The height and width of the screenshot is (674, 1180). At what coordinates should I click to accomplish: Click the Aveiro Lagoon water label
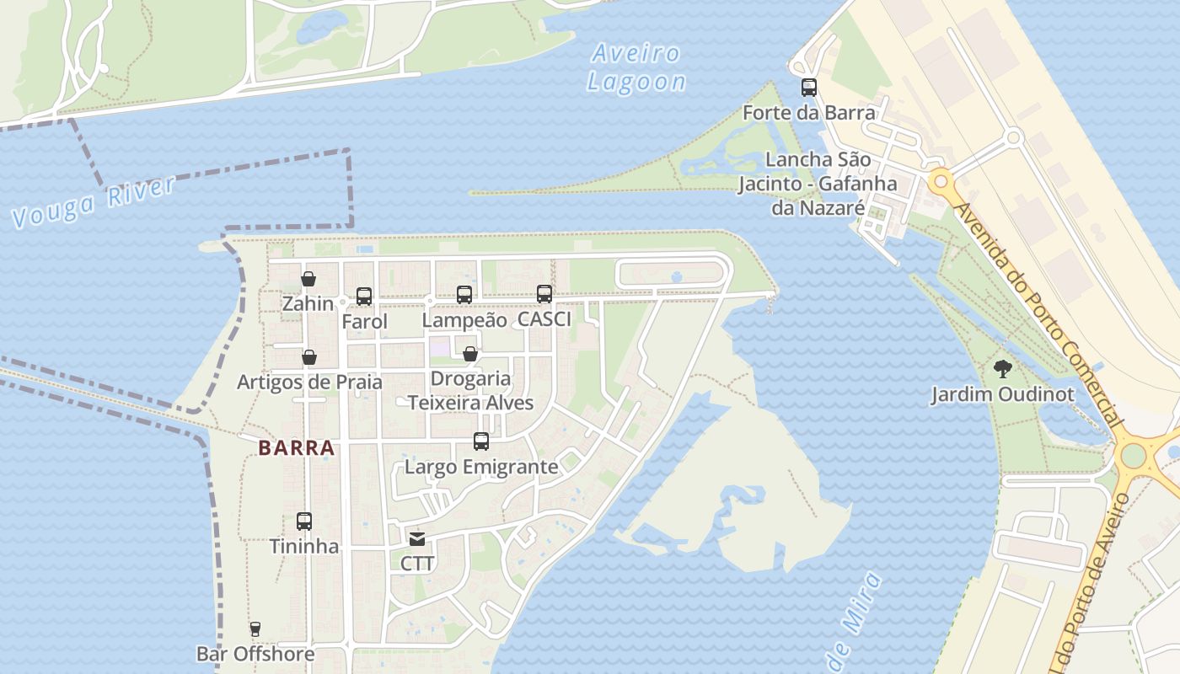pyautogui.click(x=636, y=67)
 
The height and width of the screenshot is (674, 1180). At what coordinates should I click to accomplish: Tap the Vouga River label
pyautogui.click(x=94, y=202)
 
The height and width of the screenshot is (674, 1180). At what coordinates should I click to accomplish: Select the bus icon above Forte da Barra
pyautogui.click(x=809, y=87)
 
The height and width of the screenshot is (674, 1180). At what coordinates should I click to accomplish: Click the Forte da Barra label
pyautogui.click(x=809, y=112)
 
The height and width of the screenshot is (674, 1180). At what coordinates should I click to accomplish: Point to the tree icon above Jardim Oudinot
pyautogui.click(x=1002, y=368)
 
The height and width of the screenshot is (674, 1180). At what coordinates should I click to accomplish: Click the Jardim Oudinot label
pyautogui.click(x=1002, y=394)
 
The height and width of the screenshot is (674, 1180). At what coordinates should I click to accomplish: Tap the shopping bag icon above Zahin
pyautogui.click(x=308, y=279)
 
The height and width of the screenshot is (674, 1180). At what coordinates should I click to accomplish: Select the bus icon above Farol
pyautogui.click(x=364, y=297)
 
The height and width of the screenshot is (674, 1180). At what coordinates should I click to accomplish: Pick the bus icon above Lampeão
pyautogui.click(x=464, y=294)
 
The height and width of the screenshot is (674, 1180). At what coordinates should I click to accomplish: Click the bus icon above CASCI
pyautogui.click(x=544, y=294)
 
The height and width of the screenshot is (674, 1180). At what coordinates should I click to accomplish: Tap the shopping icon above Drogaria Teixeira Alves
pyautogui.click(x=470, y=354)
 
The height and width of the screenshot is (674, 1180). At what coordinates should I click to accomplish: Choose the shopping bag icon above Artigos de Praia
pyautogui.click(x=309, y=357)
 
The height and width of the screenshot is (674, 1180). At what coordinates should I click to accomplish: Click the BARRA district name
pyautogui.click(x=297, y=448)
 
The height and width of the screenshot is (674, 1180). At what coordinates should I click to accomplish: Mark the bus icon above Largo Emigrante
pyautogui.click(x=481, y=441)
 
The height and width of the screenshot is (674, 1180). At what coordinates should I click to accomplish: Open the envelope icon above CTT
pyautogui.click(x=417, y=539)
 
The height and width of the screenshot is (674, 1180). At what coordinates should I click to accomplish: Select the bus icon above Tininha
pyautogui.click(x=304, y=522)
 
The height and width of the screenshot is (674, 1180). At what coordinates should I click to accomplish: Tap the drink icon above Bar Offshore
pyautogui.click(x=255, y=629)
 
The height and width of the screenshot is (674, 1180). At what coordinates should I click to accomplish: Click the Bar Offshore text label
pyautogui.click(x=255, y=654)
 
